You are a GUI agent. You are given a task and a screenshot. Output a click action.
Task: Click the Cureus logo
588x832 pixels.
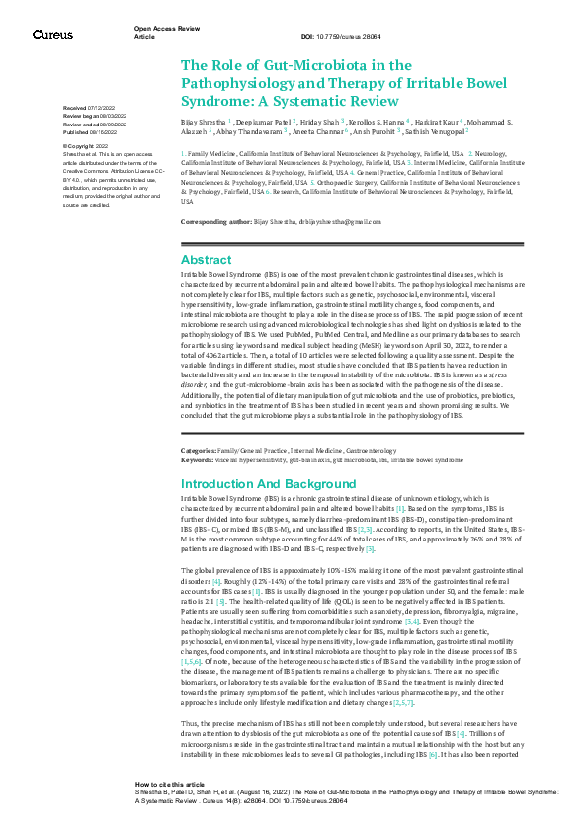tap(52, 35)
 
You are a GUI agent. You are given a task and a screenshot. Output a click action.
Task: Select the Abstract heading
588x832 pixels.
tap(206, 259)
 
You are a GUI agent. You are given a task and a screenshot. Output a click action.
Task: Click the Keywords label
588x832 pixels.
tap(199, 459)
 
